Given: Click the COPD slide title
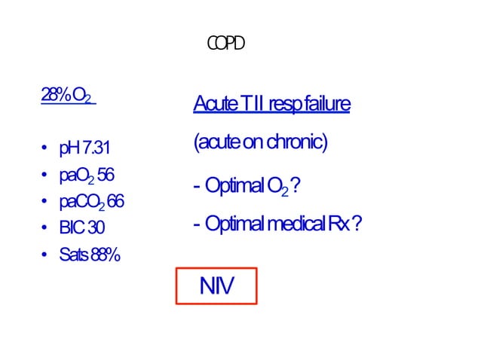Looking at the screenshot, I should (226, 44).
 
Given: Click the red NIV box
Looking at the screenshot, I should (216, 286).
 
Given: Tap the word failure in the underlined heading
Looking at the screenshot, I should (327, 104).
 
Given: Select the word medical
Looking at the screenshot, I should (287, 224).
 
